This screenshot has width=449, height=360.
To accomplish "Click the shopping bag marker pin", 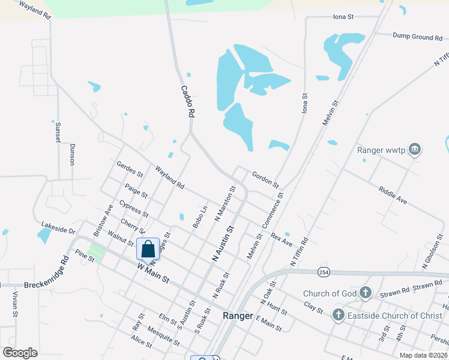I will (x=148, y=249).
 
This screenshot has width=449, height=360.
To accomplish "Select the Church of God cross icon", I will (x=366, y=293).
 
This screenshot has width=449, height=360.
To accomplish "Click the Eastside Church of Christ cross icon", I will (x=338, y=315).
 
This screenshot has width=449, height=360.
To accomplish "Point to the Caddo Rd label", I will (x=188, y=100).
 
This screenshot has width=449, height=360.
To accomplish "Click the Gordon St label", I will (x=265, y=178).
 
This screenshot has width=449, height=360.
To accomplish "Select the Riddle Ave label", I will (x=393, y=195).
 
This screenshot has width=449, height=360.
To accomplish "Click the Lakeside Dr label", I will (x=58, y=230).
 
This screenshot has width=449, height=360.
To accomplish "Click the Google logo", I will (x=20, y=353).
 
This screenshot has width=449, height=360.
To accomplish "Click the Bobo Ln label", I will (x=200, y=217).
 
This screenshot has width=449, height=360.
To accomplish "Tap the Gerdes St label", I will (x=130, y=170).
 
